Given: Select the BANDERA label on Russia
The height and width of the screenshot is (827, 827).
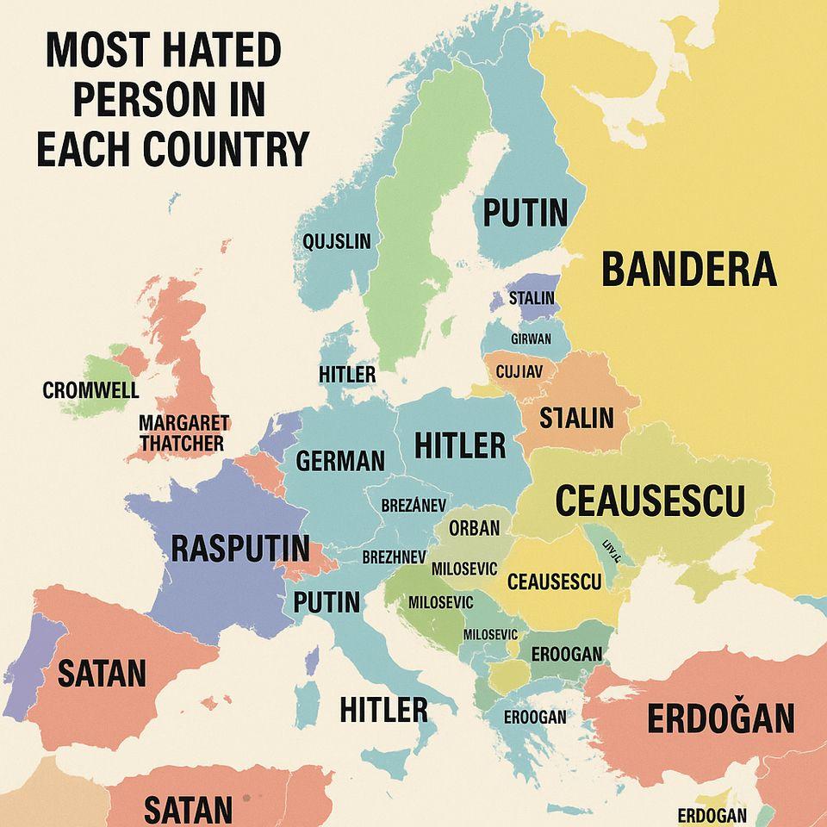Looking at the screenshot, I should tap(688, 270).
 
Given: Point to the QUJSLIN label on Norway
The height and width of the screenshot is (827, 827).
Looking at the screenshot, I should tap(337, 241).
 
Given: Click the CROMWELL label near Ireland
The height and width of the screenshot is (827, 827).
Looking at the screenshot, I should tap(90, 390).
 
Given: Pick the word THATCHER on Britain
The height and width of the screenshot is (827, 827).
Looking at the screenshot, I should tap(182, 443).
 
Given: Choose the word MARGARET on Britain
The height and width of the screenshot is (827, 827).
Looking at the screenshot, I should tap(183, 423).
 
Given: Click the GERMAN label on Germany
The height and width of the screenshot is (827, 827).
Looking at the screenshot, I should tap(340, 461).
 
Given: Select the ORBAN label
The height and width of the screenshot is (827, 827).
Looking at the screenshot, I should tap(474, 528).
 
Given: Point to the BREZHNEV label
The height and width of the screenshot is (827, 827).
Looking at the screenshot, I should tap(394, 557).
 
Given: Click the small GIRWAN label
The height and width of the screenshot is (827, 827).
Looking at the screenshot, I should tap(531, 339).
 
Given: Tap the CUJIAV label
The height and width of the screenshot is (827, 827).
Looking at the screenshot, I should tap(519, 372).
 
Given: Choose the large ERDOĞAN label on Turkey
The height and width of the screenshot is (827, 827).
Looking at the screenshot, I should tap(720, 718).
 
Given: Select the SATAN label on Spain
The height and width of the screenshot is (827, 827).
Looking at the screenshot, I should tap(102, 673).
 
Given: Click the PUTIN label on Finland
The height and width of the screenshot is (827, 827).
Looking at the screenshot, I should tap(525, 212).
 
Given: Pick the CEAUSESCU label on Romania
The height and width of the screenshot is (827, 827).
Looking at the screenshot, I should tap(554, 581).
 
